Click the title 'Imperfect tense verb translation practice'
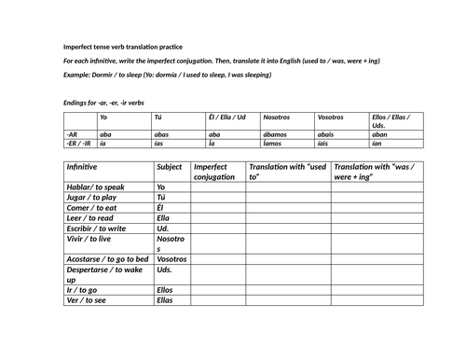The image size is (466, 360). click(x=123, y=47)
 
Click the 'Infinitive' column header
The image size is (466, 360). click(x=88, y=166)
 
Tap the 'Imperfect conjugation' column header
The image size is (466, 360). click(x=214, y=172)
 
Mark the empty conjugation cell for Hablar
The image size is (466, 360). click(x=217, y=187)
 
